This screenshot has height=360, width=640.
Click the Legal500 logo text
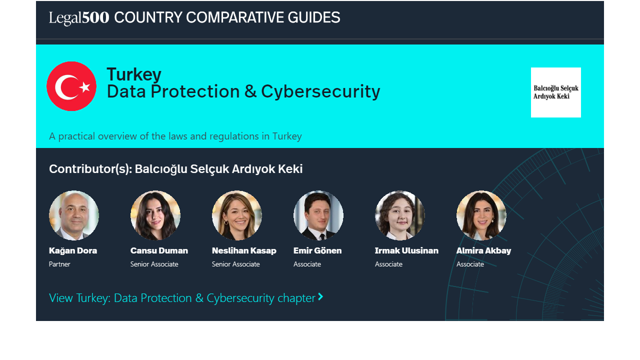79,17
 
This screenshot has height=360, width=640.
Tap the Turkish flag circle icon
71,86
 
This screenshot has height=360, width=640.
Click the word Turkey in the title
134,74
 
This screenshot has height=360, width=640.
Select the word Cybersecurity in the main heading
320,91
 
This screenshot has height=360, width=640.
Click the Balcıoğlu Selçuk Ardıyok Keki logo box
555,92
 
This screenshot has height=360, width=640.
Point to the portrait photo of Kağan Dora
74,215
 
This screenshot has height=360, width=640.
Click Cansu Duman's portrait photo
155,215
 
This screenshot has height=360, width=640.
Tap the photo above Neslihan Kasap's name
237,215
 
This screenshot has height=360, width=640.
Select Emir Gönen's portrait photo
318,215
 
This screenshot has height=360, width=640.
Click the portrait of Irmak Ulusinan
399,215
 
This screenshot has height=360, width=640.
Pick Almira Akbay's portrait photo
481,215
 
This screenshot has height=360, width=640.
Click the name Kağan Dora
73,250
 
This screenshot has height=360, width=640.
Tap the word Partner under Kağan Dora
59,264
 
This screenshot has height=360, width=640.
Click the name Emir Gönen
317,250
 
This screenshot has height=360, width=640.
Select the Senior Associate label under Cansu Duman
154,264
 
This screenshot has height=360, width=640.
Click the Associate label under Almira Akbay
470,264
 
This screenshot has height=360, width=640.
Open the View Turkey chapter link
186,298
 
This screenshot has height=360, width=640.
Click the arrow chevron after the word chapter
320,297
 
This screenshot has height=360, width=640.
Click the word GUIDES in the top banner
313,17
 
